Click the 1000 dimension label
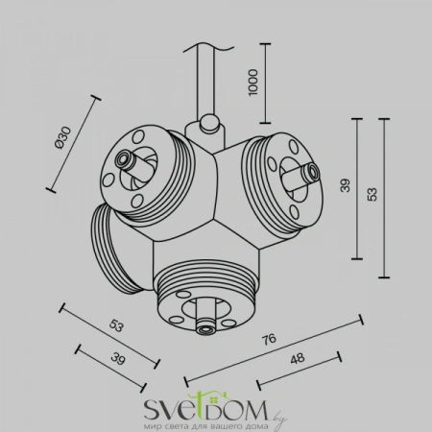(252, 82)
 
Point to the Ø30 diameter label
(62, 137)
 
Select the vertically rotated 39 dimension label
(346, 185)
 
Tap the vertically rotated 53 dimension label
(372, 194)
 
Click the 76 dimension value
(269, 339)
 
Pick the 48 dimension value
(298, 359)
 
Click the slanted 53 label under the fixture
(116, 325)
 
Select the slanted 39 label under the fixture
(118, 358)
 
